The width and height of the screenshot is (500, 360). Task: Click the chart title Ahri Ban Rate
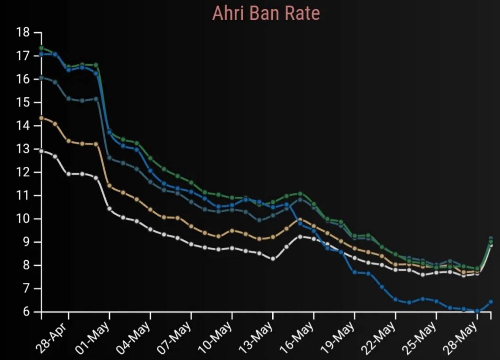click(x=266, y=14)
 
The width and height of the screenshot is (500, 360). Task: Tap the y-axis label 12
click(x=23, y=172)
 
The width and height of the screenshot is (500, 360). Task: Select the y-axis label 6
click(x=26, y=312)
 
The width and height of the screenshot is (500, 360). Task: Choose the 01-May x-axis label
click(x=93, y=338)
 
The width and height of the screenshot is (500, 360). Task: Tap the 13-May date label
click(x=257, y=338)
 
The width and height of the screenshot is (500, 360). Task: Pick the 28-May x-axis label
click(x=461, y=338)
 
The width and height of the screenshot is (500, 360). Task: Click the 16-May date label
click(x=298, y=338)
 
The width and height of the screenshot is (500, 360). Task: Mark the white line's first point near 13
click(x=41, y=151)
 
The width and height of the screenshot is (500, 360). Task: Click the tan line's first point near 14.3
click(x=41, y=118)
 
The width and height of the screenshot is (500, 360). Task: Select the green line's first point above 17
click(x=41, y=48)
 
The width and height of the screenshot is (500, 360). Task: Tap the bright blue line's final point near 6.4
click(x=491, y=302)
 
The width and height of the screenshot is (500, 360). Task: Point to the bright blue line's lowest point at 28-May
click(x=477, y=311)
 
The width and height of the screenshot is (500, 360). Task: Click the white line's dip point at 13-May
click(x=273, y=259)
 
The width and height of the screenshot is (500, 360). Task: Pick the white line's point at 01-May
click(x=109, y=209)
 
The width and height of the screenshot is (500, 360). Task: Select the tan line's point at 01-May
click(x=109, y=186)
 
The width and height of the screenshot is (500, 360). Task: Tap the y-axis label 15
click(x=23, y=103)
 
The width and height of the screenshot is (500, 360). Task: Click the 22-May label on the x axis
click(x=379, y=338)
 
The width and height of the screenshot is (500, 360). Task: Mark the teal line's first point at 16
click(x=41, y=78)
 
